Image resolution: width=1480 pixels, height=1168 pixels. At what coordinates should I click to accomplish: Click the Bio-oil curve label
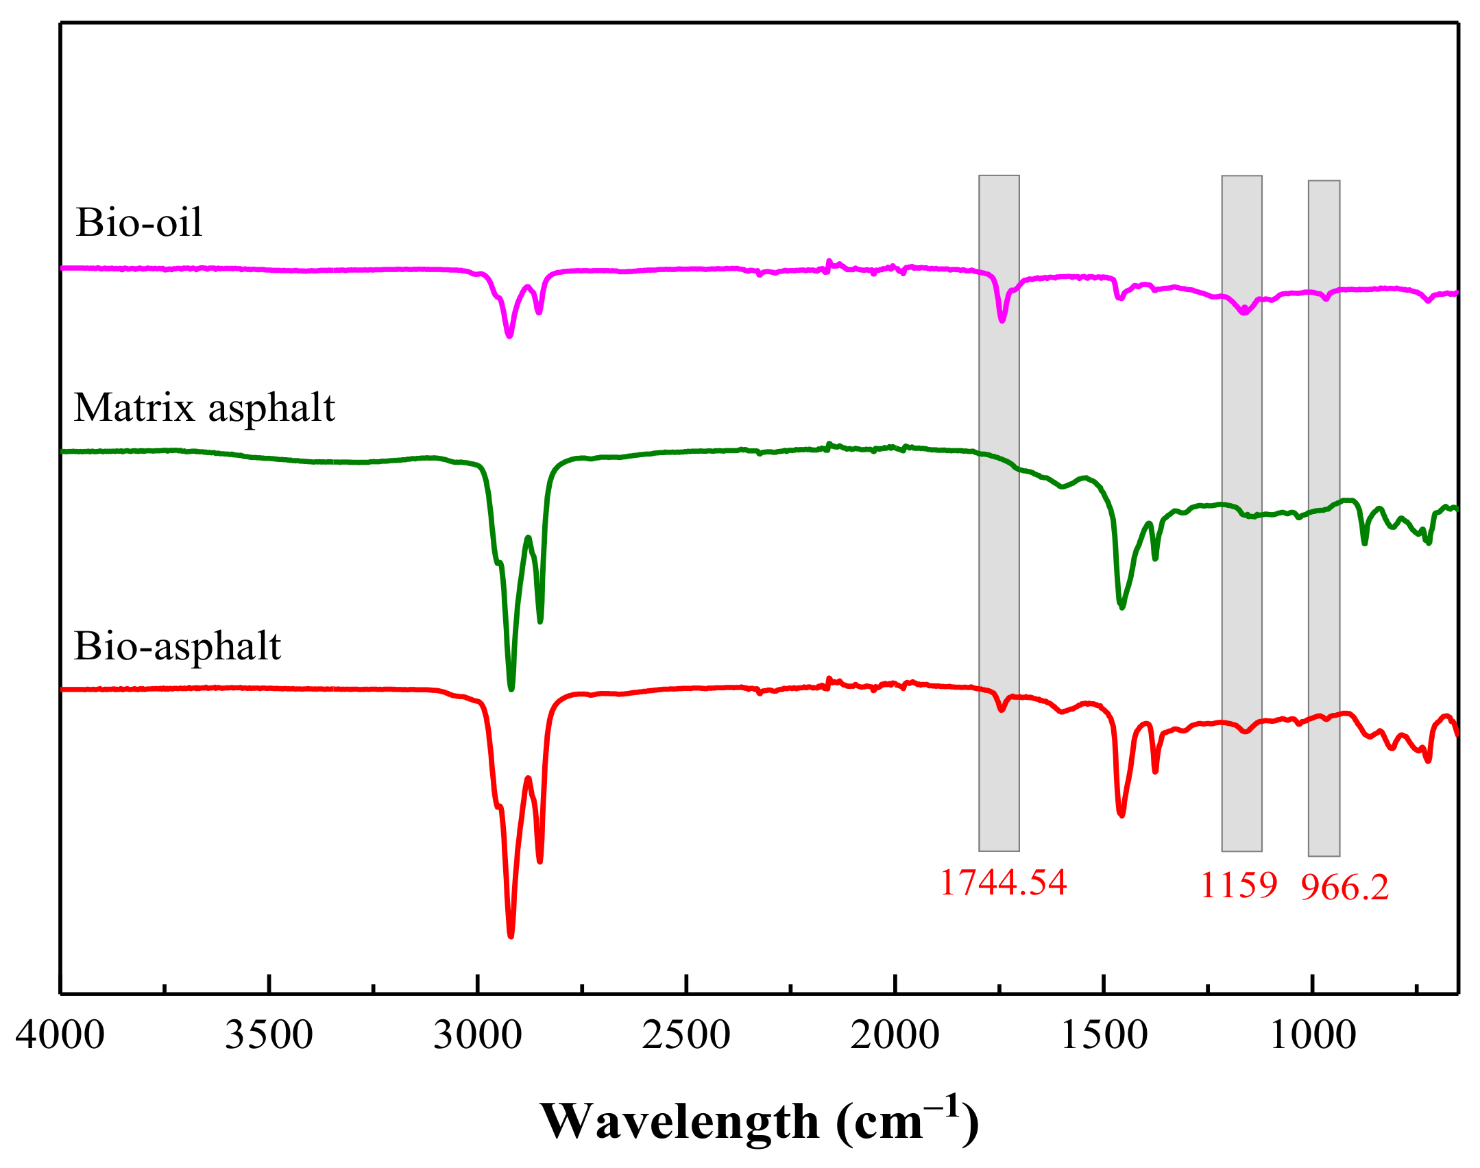point(139,222)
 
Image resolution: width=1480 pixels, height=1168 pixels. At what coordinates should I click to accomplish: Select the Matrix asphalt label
point(204,408)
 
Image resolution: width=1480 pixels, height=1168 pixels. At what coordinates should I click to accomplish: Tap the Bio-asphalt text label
point(178,646)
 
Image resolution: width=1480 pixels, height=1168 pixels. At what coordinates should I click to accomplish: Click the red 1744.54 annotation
point(1003,882)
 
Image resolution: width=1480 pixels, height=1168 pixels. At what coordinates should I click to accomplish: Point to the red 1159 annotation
point(1239,885)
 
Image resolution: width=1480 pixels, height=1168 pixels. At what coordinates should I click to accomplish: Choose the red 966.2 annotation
point(1344,888)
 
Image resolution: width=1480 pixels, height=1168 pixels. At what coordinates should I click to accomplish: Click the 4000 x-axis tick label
point(60,1035)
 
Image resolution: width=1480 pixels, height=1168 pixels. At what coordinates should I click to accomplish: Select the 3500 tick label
point(269,1035)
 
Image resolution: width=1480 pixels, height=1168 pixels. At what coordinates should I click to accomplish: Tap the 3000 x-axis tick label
point(478,1035)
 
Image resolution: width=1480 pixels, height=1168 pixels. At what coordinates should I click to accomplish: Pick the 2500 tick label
point(686,1035)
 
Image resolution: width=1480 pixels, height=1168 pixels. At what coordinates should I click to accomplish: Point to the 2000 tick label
point(895,1035)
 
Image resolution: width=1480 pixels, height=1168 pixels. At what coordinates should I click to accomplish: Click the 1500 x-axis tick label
point(1104,1035)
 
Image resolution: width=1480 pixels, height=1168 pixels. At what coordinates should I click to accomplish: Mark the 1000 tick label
point(1312,1035)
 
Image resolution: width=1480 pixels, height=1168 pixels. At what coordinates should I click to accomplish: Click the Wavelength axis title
point(759,1122)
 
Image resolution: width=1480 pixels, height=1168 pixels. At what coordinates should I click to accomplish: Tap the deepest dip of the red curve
point(511,934)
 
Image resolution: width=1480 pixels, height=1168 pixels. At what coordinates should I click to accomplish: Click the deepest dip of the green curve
point(511,688)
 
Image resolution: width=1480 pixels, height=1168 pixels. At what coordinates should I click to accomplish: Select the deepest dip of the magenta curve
point(509,335)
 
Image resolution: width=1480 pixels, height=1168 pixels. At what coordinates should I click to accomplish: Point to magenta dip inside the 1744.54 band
point(1002,320)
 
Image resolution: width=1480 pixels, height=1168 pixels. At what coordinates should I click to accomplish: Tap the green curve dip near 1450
point(1121,607)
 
